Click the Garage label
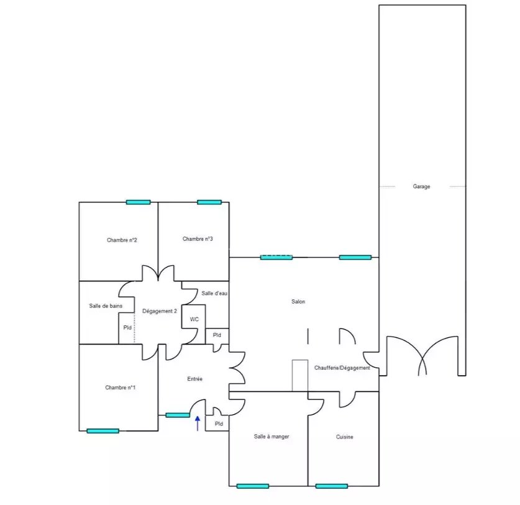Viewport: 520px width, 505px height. coord(421,186)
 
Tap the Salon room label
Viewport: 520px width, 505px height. coord(298,301)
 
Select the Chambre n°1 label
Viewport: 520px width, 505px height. coord(121,387)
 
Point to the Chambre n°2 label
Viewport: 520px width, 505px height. coord(122,240)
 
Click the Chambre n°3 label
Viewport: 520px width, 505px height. coord(198,239)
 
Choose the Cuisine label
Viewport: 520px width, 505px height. coord(345,437)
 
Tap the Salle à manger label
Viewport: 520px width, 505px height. coord(271,437)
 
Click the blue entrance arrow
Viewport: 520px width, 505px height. coord(198,424)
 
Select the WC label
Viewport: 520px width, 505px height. coord(194,319)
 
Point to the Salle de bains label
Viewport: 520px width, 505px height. coord(106,306)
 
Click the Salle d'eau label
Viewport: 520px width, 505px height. coord(214,293)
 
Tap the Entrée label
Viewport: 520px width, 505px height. coord(194,379)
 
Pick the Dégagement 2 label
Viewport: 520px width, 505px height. coord(160,311)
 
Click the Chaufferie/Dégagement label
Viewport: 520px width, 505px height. coord(342,368)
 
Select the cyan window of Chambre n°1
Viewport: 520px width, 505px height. coord(103,431)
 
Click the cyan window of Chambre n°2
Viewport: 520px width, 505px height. coord(139,202)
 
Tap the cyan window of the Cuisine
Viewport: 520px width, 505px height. coord(332,486)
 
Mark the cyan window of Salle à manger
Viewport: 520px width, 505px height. coord(253,486)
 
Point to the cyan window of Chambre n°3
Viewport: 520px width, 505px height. coord(209,202)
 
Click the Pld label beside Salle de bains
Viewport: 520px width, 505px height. coord(127,327)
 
